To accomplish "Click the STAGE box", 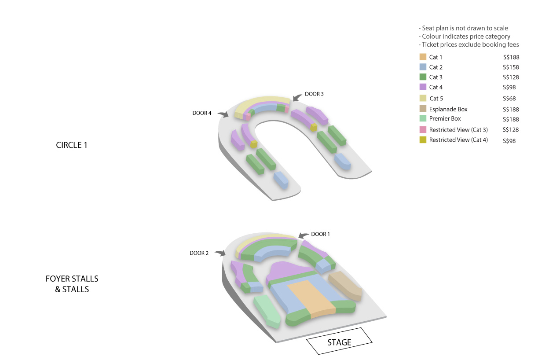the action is point(339,341).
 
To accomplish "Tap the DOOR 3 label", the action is point(314,94).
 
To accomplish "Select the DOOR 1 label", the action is point(320,234).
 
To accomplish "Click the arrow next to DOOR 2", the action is point(220,253).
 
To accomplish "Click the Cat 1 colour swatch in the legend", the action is point(423,57).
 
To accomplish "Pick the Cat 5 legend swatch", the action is point(423,98).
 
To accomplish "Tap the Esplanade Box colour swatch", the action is point(423,109).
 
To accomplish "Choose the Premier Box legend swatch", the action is point(423,118).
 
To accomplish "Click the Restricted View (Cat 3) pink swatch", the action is point(423,129).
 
